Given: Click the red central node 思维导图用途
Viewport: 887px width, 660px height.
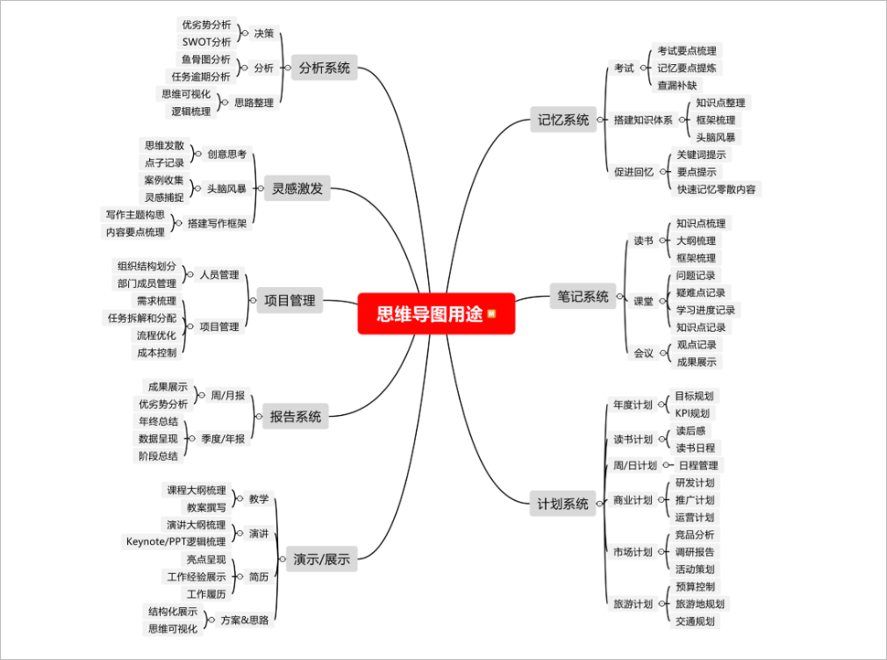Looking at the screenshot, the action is [430, 314].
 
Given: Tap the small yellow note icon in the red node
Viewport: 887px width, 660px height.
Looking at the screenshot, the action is [492, 314].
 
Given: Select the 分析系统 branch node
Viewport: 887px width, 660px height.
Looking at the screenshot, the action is [324, 68].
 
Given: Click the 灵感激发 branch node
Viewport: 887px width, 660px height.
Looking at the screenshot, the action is [296, 190].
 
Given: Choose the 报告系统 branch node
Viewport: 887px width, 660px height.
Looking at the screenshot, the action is [295, 417].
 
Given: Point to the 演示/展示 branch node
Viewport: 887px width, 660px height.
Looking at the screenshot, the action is [321, 559].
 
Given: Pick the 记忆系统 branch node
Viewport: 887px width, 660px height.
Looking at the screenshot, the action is [564, 118].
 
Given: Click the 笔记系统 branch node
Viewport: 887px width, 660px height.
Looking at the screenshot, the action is [583, 296].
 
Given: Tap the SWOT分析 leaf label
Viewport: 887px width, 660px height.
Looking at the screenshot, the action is [207, 42].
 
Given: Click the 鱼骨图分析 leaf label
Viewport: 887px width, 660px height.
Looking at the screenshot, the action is [206, 59].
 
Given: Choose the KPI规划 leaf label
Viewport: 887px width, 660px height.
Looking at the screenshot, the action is [691, 413].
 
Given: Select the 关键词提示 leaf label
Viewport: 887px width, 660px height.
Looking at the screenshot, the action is [701, 154].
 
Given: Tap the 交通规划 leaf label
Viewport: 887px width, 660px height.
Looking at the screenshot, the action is [695, 621].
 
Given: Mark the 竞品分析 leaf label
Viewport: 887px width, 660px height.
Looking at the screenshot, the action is [695, 535].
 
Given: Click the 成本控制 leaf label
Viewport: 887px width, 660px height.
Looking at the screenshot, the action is [156, 352].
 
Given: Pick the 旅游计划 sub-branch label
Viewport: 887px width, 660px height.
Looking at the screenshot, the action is [633, 603].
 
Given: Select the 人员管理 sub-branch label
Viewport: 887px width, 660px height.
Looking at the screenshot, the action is [219, 274].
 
